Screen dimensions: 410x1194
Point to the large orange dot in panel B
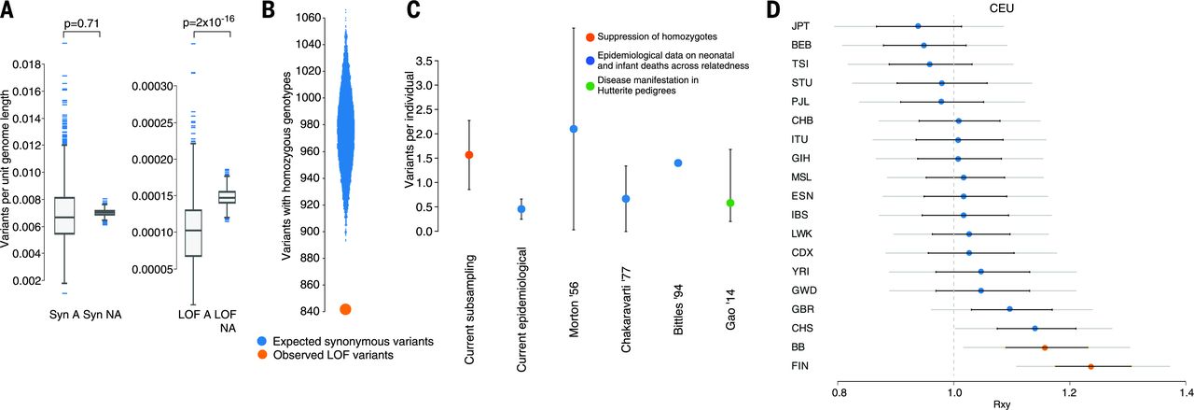(x=345, y=309)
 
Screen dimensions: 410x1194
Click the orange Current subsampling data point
(x=469, y=155)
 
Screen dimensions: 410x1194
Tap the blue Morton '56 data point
(x=574, y=129)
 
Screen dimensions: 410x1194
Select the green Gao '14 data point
(x=730, y=203)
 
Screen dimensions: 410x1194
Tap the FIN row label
(x=800, y=367)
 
